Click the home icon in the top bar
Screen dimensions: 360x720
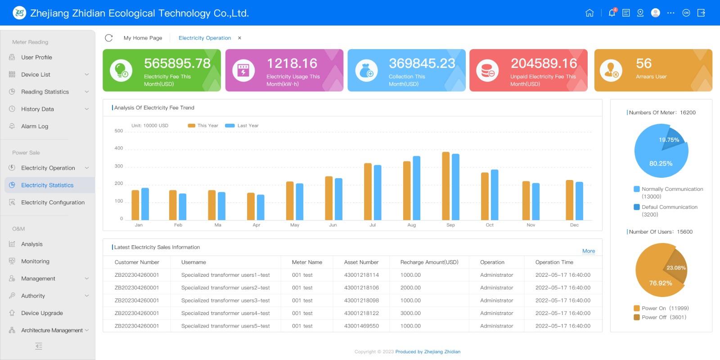[589, 13]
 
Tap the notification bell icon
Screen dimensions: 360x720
[612, 13]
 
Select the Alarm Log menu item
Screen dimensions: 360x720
[35, 126]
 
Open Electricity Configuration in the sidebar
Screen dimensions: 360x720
[53, 202]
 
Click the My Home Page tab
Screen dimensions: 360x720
[143, 38]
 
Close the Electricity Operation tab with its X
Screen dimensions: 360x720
[239, 38]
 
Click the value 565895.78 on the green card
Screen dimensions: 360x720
[177, 63]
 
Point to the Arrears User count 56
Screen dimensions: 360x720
[643, 63]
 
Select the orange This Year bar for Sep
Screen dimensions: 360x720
[445, 185]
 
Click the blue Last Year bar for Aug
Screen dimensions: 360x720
[416, 188]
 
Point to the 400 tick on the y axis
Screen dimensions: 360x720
[119, 148]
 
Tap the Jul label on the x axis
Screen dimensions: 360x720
[373, 225]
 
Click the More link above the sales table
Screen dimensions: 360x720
[589, 251]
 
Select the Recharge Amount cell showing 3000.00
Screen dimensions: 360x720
[410, 313]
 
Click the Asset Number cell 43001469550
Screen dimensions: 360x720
[361, 326]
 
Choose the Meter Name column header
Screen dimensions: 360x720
[307, 262]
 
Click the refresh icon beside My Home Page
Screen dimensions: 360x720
[109, 38]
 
